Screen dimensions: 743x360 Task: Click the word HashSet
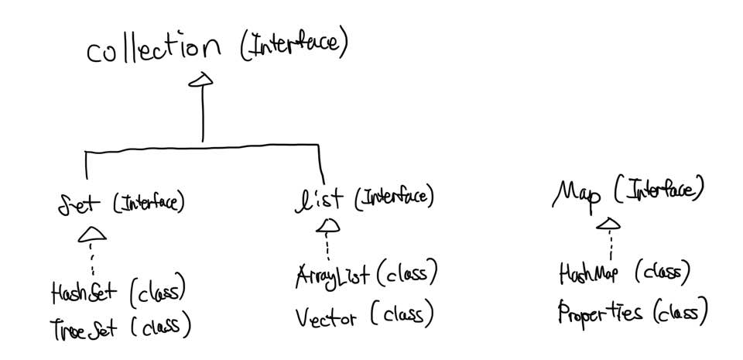pyautogui.click(x=84, y=293)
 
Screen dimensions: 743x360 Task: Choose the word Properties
pyautogui.click(x=600, y=314)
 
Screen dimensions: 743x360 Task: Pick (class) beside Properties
pyautogui.click(x=680, y=312)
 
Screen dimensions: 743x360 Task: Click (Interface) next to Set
pyautogui.click(x=149, y=204)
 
